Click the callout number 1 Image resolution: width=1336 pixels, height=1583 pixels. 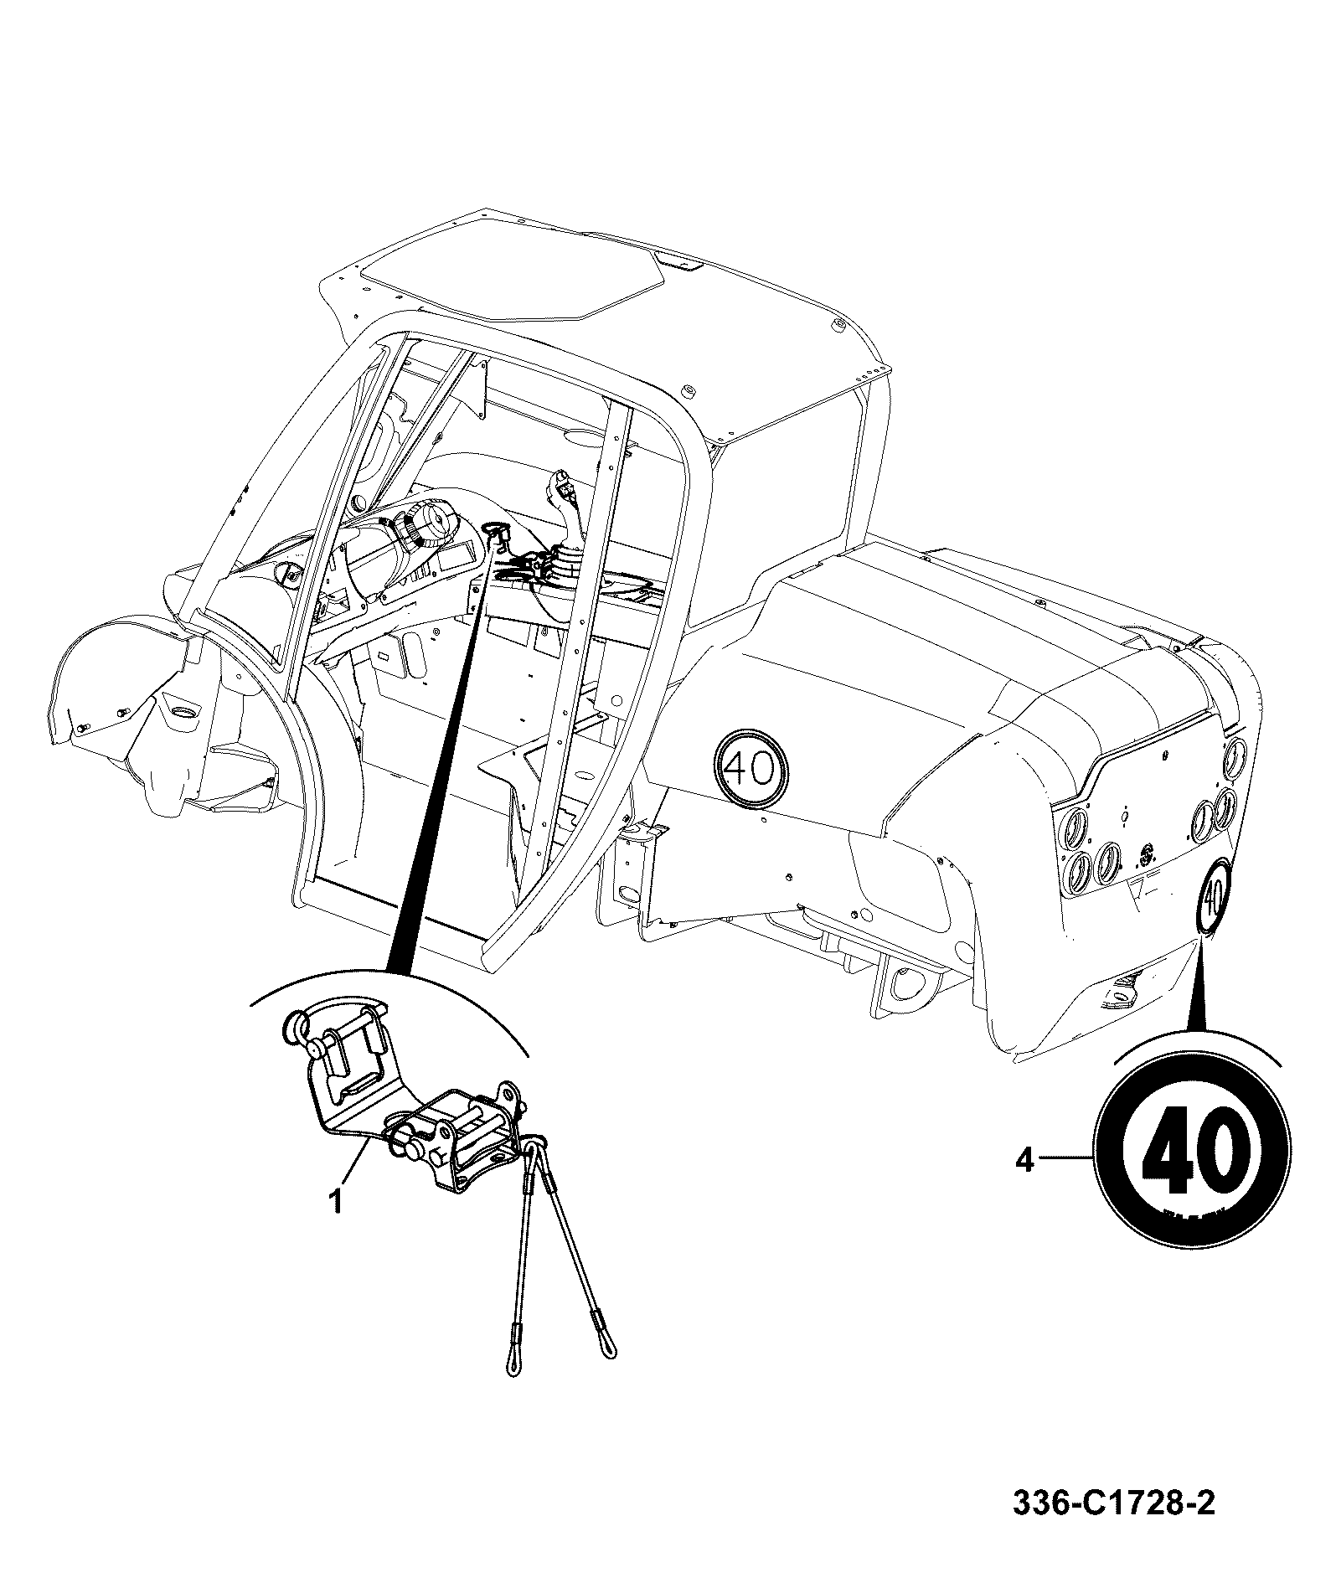335,1202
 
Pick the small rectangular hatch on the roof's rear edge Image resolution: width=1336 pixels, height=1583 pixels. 677,264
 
